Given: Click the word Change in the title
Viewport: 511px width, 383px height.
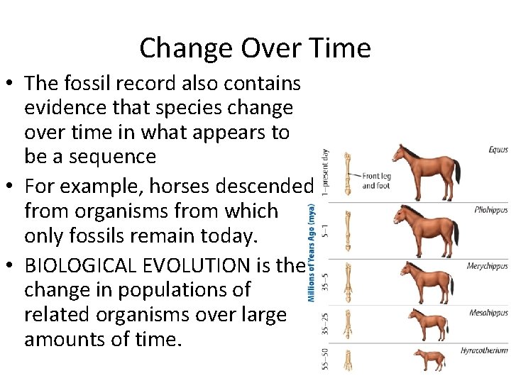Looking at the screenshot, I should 178,48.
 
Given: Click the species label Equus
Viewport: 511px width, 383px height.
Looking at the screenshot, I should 498,150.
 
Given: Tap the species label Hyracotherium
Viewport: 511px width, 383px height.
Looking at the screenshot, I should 484,350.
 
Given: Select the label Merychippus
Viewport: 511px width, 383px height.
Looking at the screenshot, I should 487,267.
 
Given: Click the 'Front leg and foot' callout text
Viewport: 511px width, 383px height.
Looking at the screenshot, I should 377,181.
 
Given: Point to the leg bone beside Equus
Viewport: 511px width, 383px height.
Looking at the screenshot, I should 348,174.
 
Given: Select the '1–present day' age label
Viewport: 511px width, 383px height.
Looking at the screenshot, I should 325,172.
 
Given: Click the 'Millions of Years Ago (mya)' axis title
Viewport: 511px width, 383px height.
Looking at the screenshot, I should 312,252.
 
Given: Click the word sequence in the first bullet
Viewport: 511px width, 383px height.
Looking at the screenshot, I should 105,157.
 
